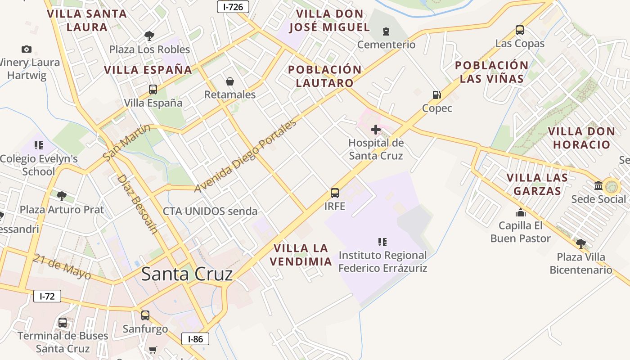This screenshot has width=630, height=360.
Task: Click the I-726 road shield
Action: [233, 6]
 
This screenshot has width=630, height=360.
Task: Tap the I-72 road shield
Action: [47, 296]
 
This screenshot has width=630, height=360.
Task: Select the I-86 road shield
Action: [195, 339]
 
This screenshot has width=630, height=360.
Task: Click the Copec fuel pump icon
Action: [436, 95]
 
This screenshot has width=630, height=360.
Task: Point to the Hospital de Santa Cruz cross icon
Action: [376, 130]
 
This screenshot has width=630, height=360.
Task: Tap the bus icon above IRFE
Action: [335, 193]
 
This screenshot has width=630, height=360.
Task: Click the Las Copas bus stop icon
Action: [520, 30]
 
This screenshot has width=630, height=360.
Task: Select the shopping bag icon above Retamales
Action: [230, 81]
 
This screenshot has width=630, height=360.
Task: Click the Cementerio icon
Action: [386, 31]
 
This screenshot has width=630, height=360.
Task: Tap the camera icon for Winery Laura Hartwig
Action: [27, 49]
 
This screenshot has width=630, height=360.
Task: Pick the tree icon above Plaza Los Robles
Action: [149, 36]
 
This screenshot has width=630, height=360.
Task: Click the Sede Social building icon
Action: [598, 185]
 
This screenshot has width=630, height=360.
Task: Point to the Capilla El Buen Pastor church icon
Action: [521, 212]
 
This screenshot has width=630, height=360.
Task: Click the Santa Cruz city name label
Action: [187, 274]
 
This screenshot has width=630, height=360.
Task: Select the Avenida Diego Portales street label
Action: [246, 156]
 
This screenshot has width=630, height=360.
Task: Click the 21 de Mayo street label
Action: [62, 266]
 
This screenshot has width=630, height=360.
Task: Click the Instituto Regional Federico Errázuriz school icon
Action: [382, 242]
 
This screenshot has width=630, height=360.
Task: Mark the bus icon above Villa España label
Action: [153, 89]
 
